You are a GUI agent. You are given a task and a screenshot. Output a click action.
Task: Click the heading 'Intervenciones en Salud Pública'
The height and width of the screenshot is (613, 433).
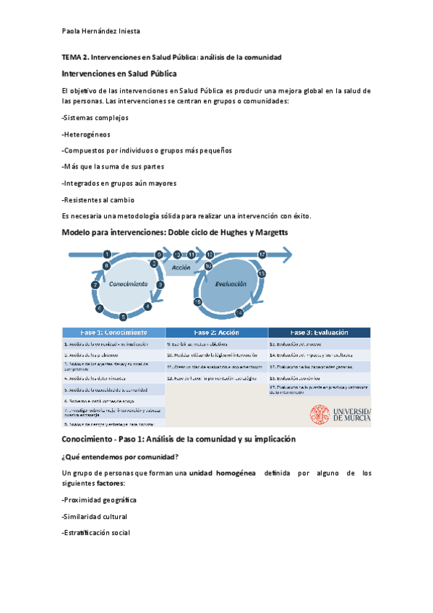[x=119, y=74]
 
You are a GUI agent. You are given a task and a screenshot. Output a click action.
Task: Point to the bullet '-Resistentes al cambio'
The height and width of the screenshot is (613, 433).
[x=98, y=200]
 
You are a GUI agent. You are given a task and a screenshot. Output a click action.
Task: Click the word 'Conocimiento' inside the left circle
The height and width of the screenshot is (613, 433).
[x=129, y=284]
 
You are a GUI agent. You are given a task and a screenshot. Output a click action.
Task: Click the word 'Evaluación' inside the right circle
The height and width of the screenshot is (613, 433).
[x=231, y=285]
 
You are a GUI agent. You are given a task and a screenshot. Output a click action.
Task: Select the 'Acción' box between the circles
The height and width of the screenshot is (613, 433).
[x=181, y=267]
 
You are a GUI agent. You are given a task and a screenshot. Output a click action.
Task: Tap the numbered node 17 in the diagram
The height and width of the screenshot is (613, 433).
[x=262, y=254]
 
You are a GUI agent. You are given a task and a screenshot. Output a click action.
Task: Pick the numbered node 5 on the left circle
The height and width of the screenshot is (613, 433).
[x=123, y=317]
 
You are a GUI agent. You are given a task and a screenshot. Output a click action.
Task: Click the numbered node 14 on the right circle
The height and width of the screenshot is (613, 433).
[x=239, y=313]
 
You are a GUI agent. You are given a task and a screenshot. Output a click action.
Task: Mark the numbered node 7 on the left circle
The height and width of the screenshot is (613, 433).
[x=95, y=286]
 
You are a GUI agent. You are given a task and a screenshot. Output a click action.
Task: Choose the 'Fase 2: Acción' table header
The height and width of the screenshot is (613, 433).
[x=216, y=333]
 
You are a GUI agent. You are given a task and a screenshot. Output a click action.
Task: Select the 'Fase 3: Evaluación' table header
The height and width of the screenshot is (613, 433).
[x=319, y=333]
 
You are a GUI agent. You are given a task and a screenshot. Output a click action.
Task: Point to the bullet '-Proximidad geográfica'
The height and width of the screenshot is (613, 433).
[x=100, y=500]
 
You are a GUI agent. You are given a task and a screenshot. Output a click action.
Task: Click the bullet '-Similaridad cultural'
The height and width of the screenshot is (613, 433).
[x=95, y=517]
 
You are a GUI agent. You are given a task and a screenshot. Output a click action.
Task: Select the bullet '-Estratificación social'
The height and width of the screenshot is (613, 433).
[x=96, y=533]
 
